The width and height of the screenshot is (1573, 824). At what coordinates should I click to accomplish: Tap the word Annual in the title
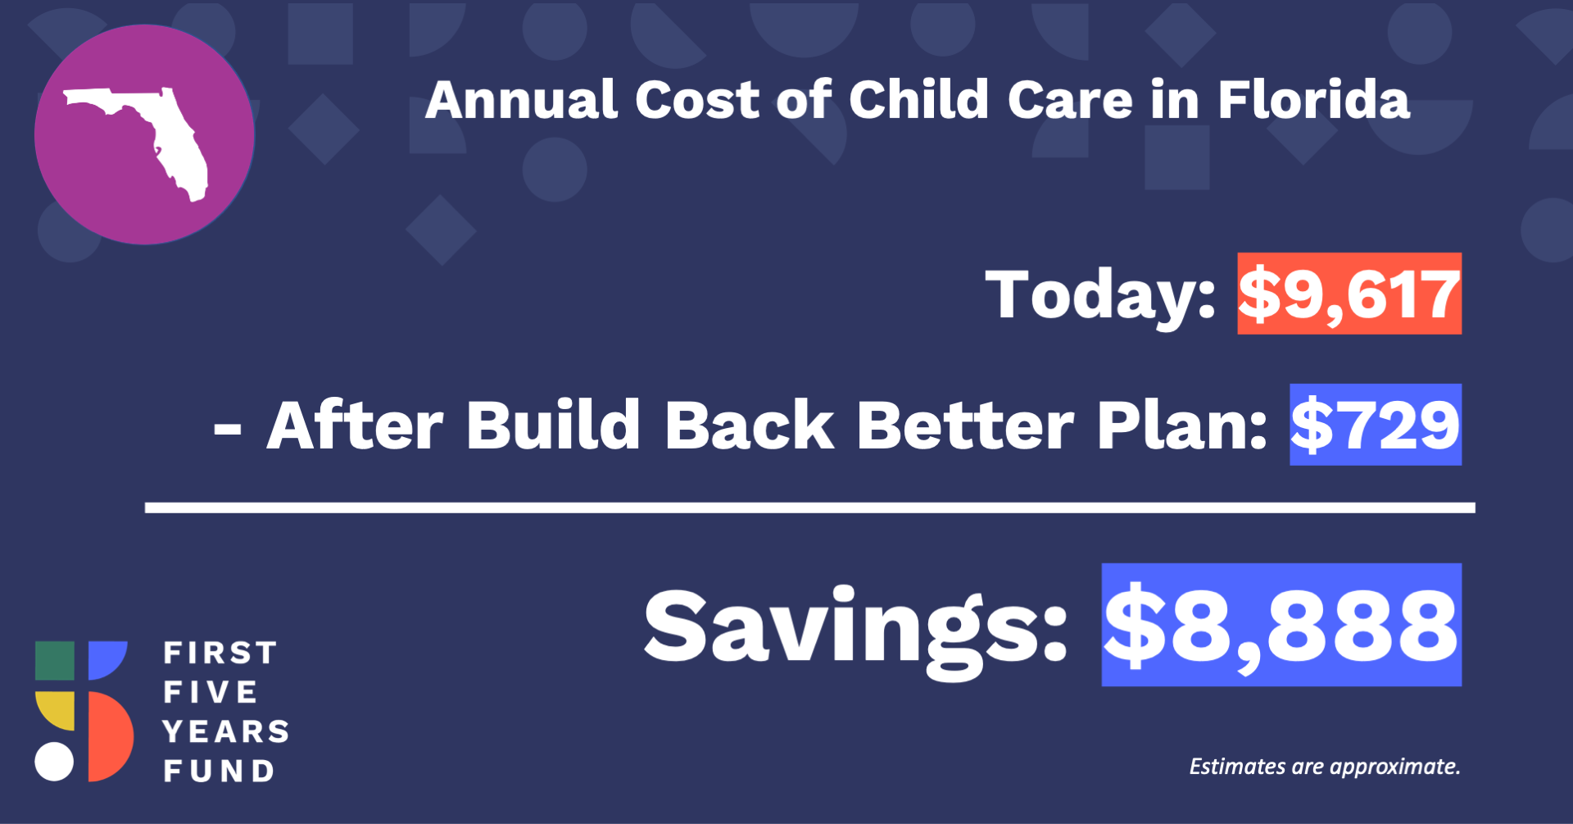(x=522, y=101)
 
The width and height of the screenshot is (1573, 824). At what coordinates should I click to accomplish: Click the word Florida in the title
(x=1314, y=101)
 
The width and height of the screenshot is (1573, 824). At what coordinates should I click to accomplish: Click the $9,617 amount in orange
(x=1349, y=294)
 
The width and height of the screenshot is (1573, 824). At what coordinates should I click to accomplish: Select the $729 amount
(x=1376, y=425)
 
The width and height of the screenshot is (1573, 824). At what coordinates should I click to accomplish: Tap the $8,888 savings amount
(x=1281, y=625)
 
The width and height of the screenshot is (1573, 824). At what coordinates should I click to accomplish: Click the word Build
(x=553, y=425)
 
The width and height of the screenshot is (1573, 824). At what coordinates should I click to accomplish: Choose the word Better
(x=965, y=425)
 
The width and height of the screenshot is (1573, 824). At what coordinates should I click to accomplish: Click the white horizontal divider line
(x=810, y=508)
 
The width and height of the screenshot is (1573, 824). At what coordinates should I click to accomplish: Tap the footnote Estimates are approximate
(x=1325, y=767)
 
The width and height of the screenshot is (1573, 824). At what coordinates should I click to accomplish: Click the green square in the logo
(x=55, y=661)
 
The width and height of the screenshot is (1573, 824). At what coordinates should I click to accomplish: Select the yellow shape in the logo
(x=55, y=710)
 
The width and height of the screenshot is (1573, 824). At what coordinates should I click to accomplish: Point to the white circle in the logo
(x=54, y=762)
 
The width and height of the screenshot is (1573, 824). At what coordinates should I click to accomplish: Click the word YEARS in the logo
(x=226, y=731)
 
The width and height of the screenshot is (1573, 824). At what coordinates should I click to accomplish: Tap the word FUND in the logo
(x=219, y=771)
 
